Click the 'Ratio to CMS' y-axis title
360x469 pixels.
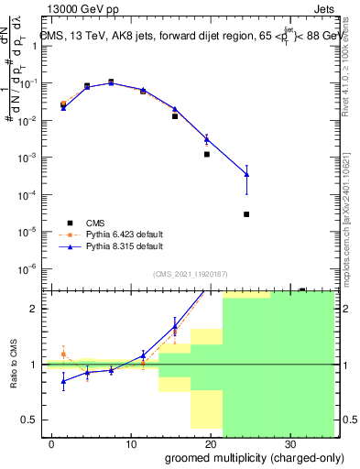pyautogui.click(x=14, y=365)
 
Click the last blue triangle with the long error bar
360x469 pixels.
pyautogui.click(x=246, y=174)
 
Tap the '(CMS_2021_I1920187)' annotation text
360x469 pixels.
pyautogui.click(x=191, y=273)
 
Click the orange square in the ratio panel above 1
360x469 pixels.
pyautogui.click(x=63, y=354)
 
